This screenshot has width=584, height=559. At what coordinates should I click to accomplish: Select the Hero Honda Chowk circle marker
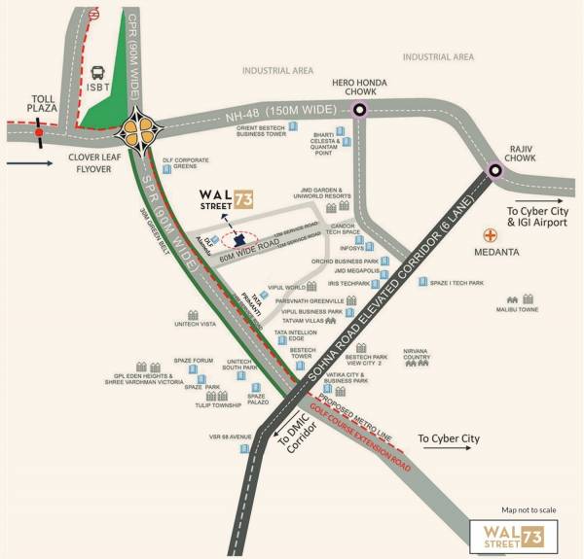click(x=360, y=110)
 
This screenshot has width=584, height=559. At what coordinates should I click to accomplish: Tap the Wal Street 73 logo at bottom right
click(x=513, y=533)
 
